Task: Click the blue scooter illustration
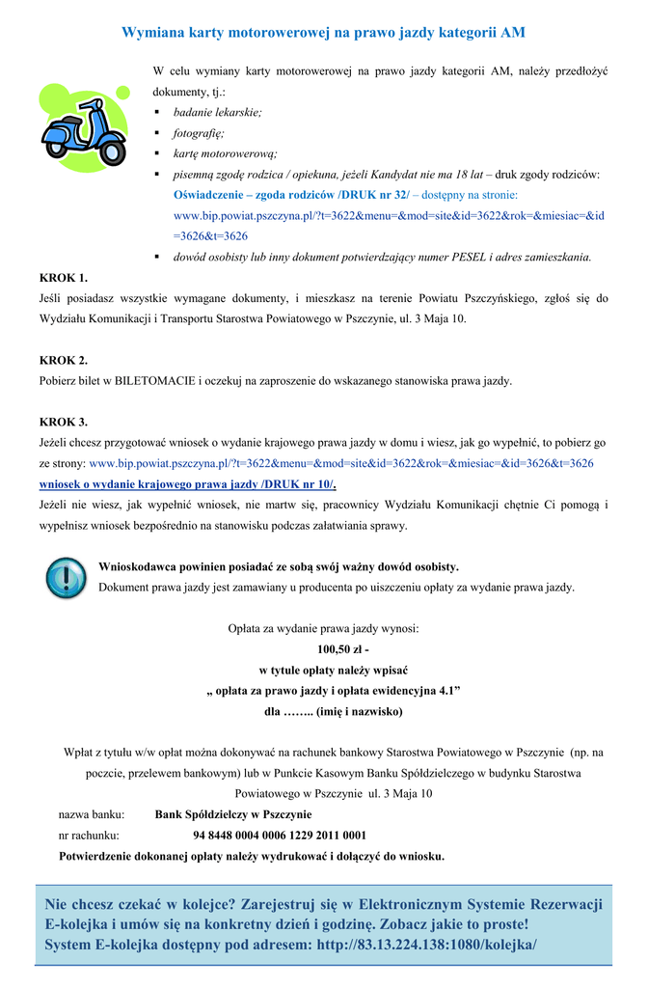(84, 130)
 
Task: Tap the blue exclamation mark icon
(66, 577)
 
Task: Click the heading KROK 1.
(64, 278)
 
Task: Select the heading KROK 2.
(64, 360)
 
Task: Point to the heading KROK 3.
(64, 422)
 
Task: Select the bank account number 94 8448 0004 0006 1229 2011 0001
(280, 836)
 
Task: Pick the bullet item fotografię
(199, 133)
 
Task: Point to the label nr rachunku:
(89, 836)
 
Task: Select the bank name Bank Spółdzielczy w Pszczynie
(227, 814)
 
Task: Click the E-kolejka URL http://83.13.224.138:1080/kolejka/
(428, 944)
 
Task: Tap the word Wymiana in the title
(155, 33)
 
